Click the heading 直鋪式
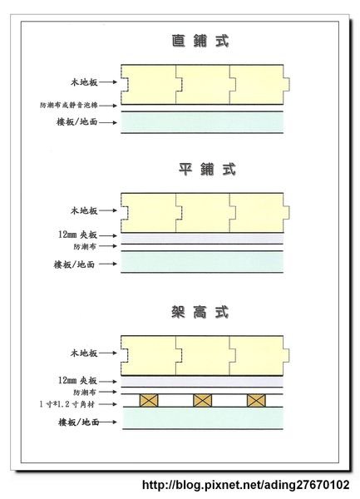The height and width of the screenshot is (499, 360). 200,41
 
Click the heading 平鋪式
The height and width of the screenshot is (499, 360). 207,169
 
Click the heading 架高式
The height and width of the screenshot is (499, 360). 200,312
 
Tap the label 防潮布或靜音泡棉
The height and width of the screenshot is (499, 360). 69,105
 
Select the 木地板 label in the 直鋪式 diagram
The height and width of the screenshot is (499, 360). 84,82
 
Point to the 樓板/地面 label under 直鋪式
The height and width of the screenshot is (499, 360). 77,122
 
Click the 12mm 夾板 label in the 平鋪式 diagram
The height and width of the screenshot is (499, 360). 77,235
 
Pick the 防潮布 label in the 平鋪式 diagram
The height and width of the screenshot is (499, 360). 85,246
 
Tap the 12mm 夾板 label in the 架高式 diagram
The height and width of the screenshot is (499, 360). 77,381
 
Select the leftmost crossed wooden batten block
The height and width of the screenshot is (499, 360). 149,400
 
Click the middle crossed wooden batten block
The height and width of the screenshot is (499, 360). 203,400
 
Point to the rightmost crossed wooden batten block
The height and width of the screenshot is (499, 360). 256,400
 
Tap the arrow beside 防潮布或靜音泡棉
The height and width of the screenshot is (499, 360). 108,105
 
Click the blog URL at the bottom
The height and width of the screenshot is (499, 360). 246,485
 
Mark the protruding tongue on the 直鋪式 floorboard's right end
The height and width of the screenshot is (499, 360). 286,84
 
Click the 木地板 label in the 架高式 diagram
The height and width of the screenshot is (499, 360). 84,353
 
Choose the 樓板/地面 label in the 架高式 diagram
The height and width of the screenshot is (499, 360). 78,422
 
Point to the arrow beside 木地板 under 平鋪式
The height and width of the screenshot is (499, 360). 108,210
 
